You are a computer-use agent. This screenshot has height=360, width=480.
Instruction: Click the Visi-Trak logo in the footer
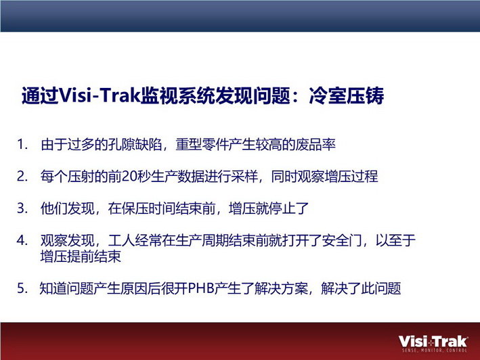pos(433,344)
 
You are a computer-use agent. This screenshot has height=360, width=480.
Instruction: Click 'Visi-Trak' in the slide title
pos(99,95)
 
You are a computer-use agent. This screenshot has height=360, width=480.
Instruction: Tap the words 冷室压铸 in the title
pos(346,95)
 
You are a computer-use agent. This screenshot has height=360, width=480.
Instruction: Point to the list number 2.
pos(22,177)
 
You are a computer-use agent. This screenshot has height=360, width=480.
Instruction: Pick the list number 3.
pos(22,208)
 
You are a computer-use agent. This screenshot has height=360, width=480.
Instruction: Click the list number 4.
pos(22,240)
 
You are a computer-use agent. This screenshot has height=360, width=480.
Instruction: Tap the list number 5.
pos(22,288)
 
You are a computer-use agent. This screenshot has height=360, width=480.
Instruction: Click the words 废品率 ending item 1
pos(315,145)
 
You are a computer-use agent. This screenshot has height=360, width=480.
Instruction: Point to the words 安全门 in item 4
pos(342,240)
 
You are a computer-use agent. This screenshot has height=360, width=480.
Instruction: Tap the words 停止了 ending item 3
pos(288,208)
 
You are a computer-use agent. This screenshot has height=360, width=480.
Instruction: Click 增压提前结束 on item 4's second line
pos(81,256)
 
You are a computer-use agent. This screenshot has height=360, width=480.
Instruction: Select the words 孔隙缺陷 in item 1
pos(135,145)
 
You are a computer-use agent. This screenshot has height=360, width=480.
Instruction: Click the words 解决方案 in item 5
pos(282,288)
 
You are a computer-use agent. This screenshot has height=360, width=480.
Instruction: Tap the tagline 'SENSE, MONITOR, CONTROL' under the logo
pos(435,351)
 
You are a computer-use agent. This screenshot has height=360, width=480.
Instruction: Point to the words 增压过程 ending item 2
pos(351,177)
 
